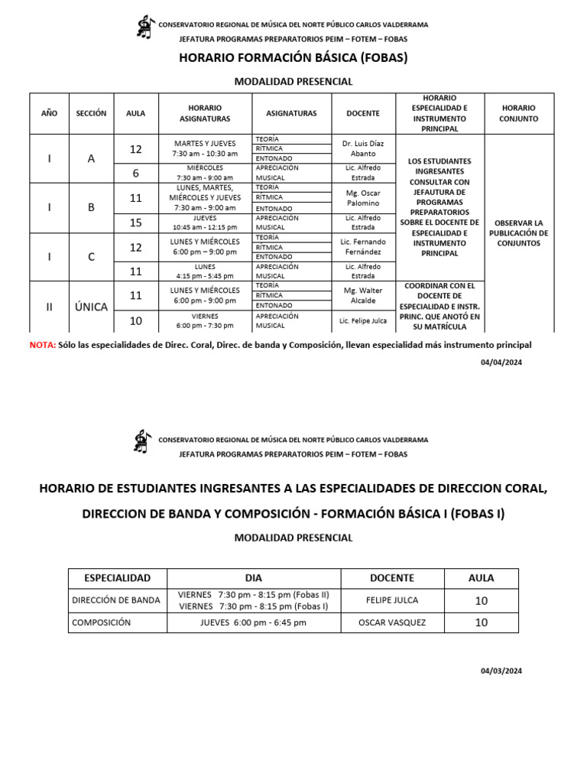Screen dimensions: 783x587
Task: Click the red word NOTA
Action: [42, 345]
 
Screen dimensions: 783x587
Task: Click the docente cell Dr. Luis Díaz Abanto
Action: [362, 148]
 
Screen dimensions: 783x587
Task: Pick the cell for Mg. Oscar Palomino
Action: [362, 198]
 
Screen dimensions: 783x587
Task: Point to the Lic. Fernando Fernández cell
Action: [362, 247]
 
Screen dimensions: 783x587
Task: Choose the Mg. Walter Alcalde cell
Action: [362, 296]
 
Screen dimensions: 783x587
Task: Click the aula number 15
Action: [136, 223]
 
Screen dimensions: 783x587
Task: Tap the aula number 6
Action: [136, 173]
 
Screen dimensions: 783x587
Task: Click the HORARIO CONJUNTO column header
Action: [518, 113]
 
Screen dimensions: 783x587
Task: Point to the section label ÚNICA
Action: [91, 307]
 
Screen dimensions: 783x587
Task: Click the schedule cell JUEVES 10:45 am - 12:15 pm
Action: [204, 223]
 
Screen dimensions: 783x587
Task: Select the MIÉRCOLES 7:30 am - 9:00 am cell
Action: [204, 173]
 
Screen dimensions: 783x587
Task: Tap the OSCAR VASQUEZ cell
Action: [392, 622]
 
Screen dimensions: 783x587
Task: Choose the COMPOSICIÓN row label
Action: [102, 622]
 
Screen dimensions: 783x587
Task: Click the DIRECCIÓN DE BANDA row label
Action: [116, 600]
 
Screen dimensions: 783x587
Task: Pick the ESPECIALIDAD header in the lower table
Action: [117, 578]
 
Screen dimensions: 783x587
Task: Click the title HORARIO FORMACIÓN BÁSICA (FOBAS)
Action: [293, 58]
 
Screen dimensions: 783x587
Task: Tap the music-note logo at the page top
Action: [144, 28]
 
